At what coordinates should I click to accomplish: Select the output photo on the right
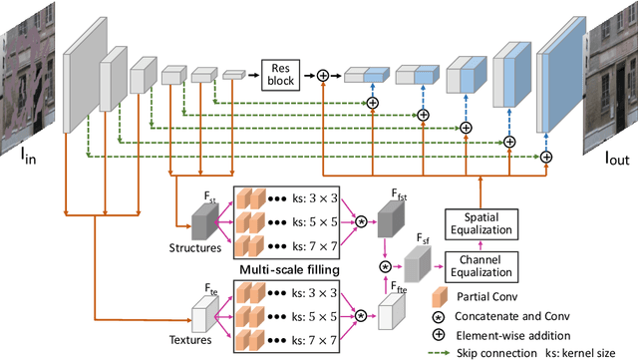[x=611, y=75]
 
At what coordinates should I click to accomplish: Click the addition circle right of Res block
[x=323, y=75]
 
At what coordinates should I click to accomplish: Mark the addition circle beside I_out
[x=545, y=157]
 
